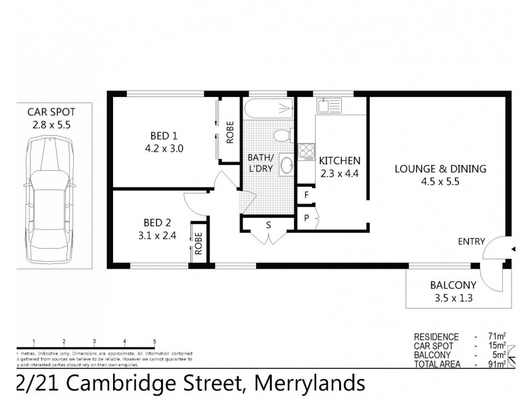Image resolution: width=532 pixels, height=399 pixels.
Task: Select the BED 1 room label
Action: click(x=157, y=136)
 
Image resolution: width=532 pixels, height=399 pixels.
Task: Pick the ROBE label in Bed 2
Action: click(x=198, y=246)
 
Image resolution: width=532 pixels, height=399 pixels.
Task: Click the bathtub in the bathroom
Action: click(x=268, y=109)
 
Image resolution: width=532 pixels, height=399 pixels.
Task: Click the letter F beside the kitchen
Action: click(x=306, y=195)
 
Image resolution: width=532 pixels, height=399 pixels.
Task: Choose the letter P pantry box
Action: click(x=306, y=219)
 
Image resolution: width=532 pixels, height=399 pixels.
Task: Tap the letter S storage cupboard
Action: click(x=269, y=224)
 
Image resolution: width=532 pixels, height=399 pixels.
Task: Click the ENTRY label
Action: click(x=471, y=241)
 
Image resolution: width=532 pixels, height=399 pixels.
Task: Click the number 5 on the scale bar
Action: click(x=154, y=341)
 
